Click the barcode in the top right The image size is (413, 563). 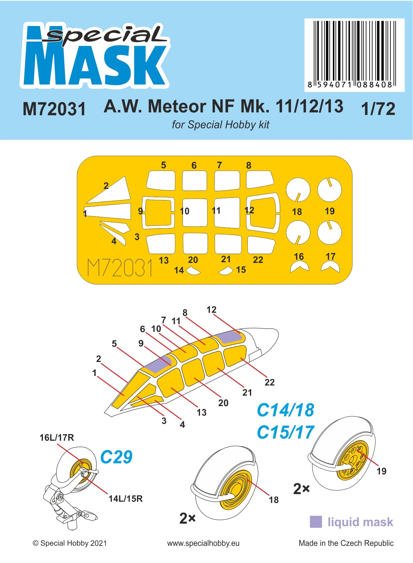(354, 54)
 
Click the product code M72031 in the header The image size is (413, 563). (54, 109)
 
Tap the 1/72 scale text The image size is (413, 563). (378, 109)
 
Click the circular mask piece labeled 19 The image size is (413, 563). (329, 190)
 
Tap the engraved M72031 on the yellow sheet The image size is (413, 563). (120, 268)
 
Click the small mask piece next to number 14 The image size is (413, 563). (193, 271)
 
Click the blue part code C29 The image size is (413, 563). (116, 457)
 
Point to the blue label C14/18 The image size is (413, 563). (285, 410)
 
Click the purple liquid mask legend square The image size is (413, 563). (315, 522)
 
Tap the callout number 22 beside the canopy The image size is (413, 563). (269, 382)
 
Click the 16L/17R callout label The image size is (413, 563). (57, 438)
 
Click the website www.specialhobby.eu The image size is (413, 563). (203, 543)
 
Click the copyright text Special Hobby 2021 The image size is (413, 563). (70, 543)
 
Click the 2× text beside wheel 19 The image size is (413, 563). (301, 489)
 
